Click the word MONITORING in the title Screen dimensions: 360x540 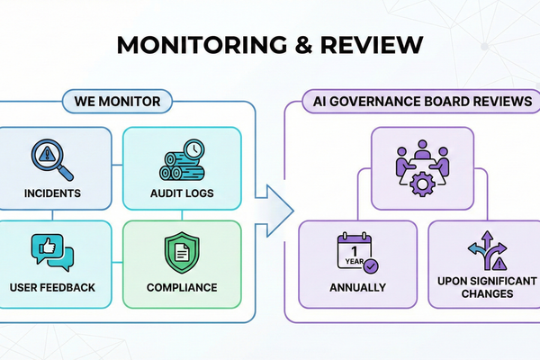click(x=202, y=45)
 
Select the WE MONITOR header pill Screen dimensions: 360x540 click(x=116, y=101)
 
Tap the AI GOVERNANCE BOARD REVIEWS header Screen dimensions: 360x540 click(x=417, y=101)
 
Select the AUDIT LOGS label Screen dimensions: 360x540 click(x=183, y=193)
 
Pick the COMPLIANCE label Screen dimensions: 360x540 click(x=183, y=287)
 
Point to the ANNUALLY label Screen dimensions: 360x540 click(x=358, y=287)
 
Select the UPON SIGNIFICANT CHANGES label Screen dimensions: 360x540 click(x=485, y=288)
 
